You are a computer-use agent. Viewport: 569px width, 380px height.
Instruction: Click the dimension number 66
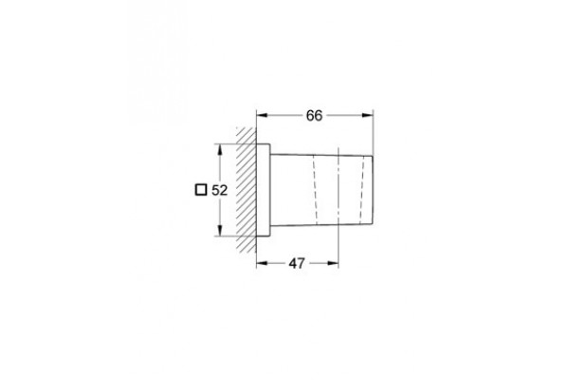[314, 116]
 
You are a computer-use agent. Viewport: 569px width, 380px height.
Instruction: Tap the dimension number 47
[297, 263]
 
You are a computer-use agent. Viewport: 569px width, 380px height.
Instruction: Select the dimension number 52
[219, 190]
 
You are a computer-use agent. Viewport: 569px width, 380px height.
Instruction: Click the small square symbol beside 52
[201, 190]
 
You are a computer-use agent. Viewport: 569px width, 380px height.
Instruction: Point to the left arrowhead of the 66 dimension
[262, 115]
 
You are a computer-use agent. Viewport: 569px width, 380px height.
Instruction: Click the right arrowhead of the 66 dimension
[368, 115]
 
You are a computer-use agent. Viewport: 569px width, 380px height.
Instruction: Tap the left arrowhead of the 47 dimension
[262, 263]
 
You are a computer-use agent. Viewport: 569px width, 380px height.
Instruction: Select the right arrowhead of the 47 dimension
[333, 263]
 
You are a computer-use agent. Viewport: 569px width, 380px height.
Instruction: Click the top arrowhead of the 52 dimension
[219, 149]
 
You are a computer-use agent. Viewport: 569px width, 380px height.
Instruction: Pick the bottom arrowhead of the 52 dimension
[219, 230]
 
